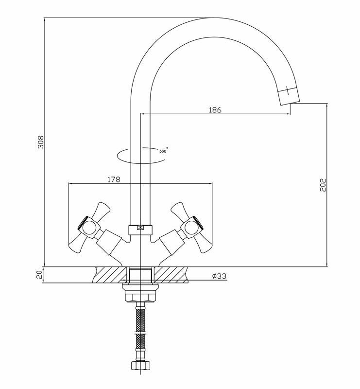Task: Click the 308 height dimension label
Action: point(40,142)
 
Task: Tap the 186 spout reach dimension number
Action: point(215,110)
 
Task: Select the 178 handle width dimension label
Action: point(114,179)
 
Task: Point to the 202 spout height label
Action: point(323,185)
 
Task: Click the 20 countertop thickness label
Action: point(39,275)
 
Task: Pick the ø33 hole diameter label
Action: point(220,276)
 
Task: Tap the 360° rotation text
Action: point(163,151)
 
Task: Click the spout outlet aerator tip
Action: point(289,96)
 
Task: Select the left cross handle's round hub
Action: point(88,228)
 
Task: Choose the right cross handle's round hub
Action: point(192,228)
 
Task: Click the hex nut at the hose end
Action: point(140,365)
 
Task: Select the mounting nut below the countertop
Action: point(140,294)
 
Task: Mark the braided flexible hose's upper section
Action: point(140,319)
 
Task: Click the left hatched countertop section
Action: point(110,275)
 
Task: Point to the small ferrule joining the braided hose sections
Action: point(140,332)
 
